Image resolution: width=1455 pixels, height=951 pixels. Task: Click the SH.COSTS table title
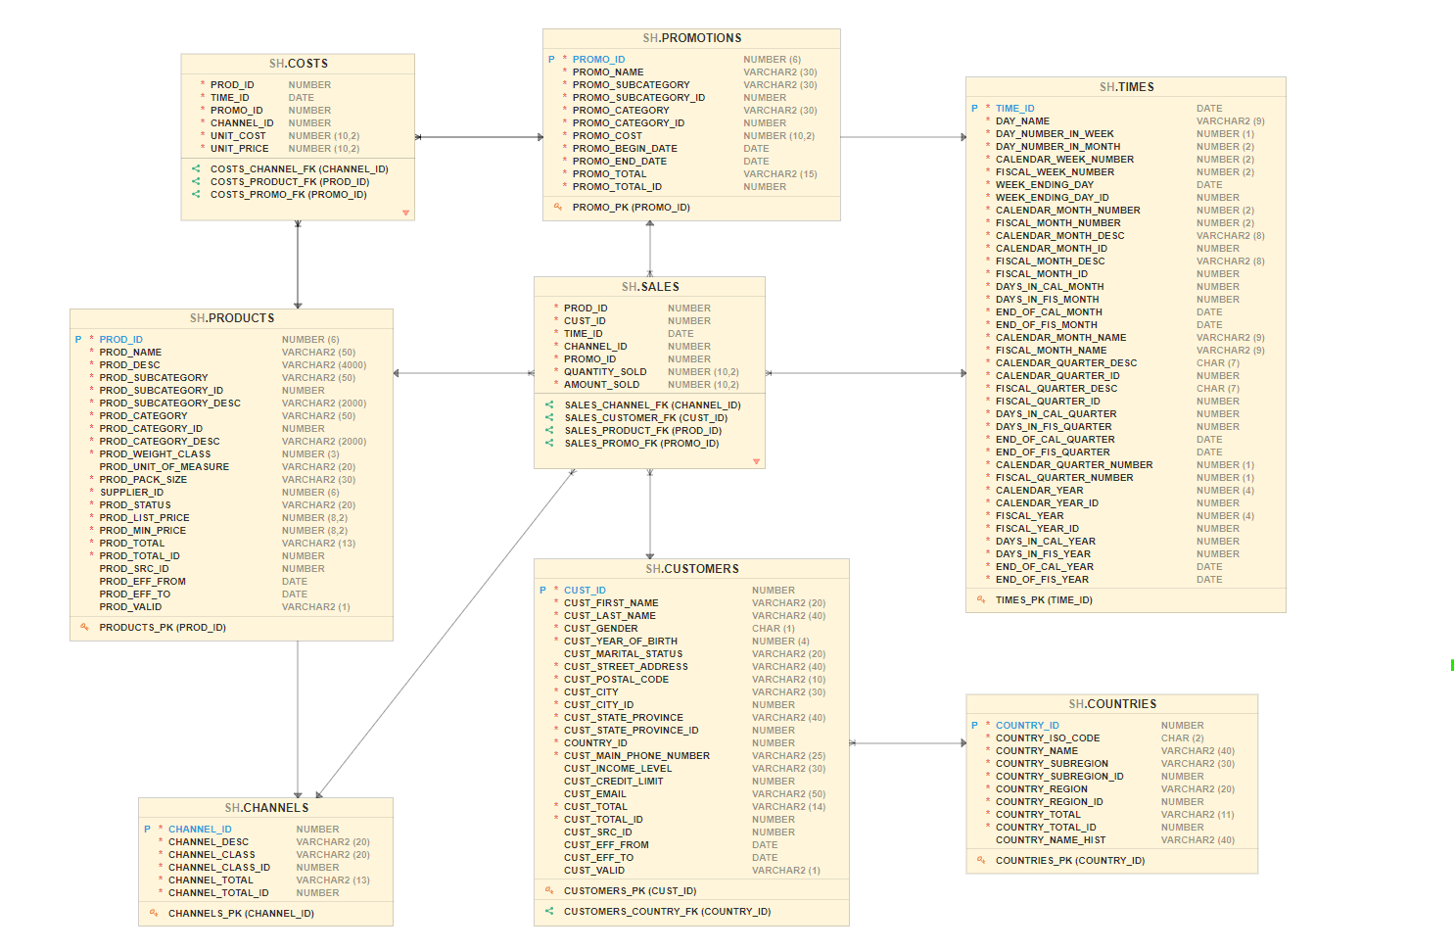tap(299, 64)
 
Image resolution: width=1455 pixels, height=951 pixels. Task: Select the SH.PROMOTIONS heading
tap(692, 38)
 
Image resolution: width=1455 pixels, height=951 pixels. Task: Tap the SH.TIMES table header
tap(1126, 87)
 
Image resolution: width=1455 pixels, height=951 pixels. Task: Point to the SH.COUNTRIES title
tap(1112, 704)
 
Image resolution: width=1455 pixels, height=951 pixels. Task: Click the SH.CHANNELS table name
tap(266, 808)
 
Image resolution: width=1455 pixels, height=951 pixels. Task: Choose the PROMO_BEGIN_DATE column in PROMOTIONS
tap(625, 149)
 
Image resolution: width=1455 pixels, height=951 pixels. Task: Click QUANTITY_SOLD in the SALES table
tap(605, 372)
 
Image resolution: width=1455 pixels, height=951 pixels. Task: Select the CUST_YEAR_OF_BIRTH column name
tap(621, 642)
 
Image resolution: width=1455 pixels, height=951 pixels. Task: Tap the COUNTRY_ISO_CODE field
tap(1048, 738)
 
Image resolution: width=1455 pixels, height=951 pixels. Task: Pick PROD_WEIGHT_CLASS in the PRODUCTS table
tap(155, 454)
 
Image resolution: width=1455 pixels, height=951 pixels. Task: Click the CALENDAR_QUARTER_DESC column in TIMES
tap(1066, 363)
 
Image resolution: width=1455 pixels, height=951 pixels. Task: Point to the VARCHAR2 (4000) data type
tap(324, 365)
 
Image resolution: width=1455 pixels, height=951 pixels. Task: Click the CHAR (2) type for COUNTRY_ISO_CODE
tap(1183, 738)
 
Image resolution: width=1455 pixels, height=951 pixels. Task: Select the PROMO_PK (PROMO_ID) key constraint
tap(632, 208)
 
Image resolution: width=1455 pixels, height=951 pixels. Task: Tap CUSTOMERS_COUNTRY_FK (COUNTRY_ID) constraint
tap(667, 912)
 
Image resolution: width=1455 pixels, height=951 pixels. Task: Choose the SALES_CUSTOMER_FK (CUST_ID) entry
tap(646, 418)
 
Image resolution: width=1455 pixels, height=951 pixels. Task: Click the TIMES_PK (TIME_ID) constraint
tap(1044, 600)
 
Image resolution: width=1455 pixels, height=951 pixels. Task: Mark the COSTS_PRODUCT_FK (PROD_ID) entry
tap(290, 182)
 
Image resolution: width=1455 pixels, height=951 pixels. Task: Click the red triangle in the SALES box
tap(756, 461)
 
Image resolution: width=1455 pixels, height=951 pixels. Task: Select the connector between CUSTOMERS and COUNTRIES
tap(908, 743)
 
